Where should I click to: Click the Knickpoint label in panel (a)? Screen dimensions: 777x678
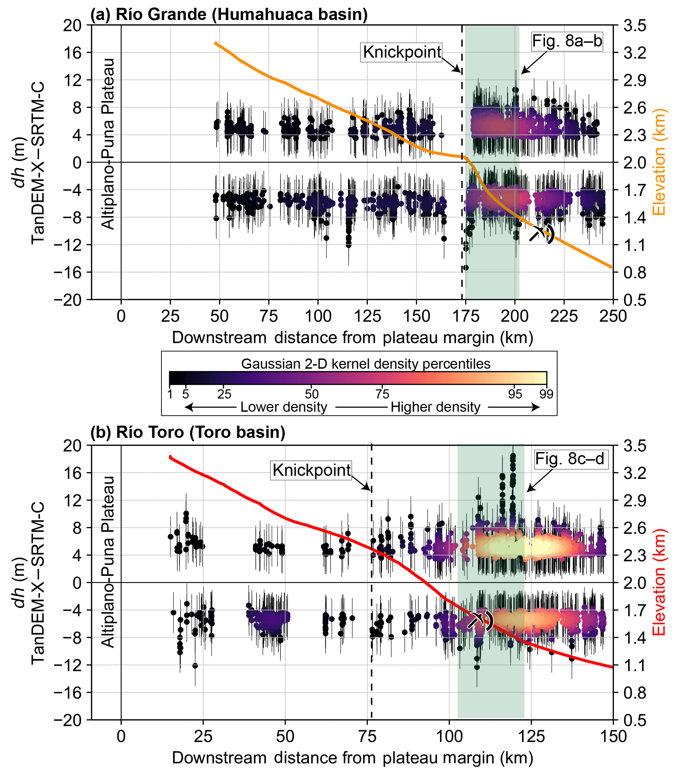click(402, 52)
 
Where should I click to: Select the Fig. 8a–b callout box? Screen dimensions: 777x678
click(567, 41)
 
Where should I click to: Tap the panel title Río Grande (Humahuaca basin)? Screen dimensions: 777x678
click(229, 14)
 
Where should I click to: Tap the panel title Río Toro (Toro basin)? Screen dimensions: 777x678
click(188, 432)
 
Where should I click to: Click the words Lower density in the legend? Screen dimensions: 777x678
click(284, 407)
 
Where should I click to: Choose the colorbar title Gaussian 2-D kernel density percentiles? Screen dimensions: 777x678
click(365, 364)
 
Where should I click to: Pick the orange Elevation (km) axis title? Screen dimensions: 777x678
click(659, 162)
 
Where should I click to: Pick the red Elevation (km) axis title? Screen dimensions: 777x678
click(659, 582)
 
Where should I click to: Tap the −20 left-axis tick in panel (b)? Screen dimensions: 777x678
click(68, 721)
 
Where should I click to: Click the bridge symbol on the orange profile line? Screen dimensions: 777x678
click(541, 234)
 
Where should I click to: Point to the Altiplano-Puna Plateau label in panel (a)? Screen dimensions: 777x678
click(108, 144)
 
